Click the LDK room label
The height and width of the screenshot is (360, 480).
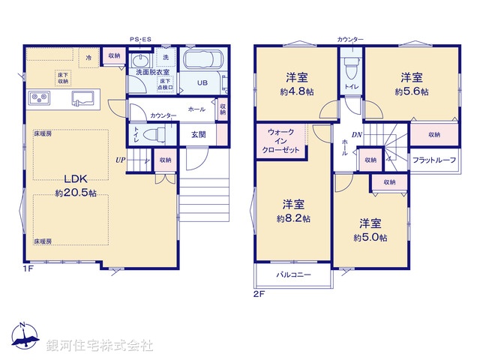tap(76, 181)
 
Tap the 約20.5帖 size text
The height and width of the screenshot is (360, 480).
tap(76, 193)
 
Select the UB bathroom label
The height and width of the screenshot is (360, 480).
tap(202, 83)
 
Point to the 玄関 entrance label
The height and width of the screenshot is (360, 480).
tap(198, 134)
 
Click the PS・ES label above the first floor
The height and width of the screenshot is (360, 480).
tap(140, 39)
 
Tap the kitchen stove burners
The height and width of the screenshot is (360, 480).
tap(39, 97)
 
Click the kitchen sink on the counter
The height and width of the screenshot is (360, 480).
tap(83, 97)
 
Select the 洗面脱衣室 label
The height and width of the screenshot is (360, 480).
tap(151, 73)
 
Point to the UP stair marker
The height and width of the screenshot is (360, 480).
tap(120, 160)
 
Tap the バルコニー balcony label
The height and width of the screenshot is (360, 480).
tap(293, 275)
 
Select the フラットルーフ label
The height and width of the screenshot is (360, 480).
tap(433, 160)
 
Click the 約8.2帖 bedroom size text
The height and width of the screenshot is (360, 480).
tap(293, 218)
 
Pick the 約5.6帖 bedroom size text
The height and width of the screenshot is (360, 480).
tap(411, 91)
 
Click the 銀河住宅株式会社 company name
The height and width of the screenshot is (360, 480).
tap(100, 346)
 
